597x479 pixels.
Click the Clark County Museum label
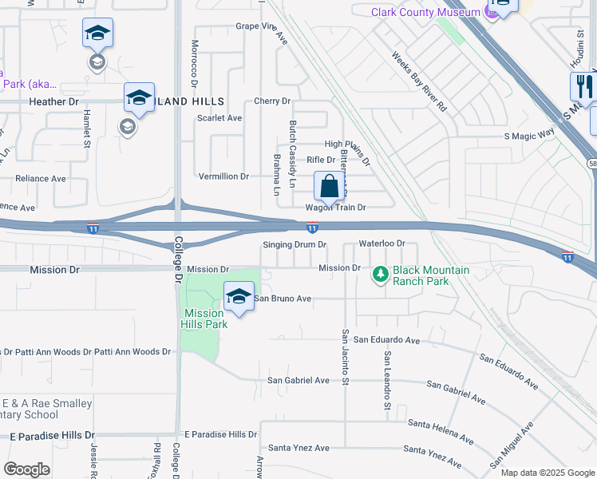(425, 12)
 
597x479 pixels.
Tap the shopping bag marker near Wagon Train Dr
(329, 188)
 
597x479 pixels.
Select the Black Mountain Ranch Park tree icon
(381, 275)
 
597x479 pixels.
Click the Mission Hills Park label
(206, 319)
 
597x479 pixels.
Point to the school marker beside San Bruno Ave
(238, 297)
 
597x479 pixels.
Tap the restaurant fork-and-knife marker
(584, 85)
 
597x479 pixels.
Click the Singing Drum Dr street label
(295, 244)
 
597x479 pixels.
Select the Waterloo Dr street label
(382, 243)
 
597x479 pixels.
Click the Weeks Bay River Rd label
(419, 81)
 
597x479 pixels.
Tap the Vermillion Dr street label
(223, 176)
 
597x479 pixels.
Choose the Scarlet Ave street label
(219, 118)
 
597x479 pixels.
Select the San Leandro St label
(387, 381)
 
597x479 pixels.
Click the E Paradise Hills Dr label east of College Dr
(220, 435)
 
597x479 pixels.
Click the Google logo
(26, 469)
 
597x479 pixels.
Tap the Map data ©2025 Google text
(547, 473)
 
